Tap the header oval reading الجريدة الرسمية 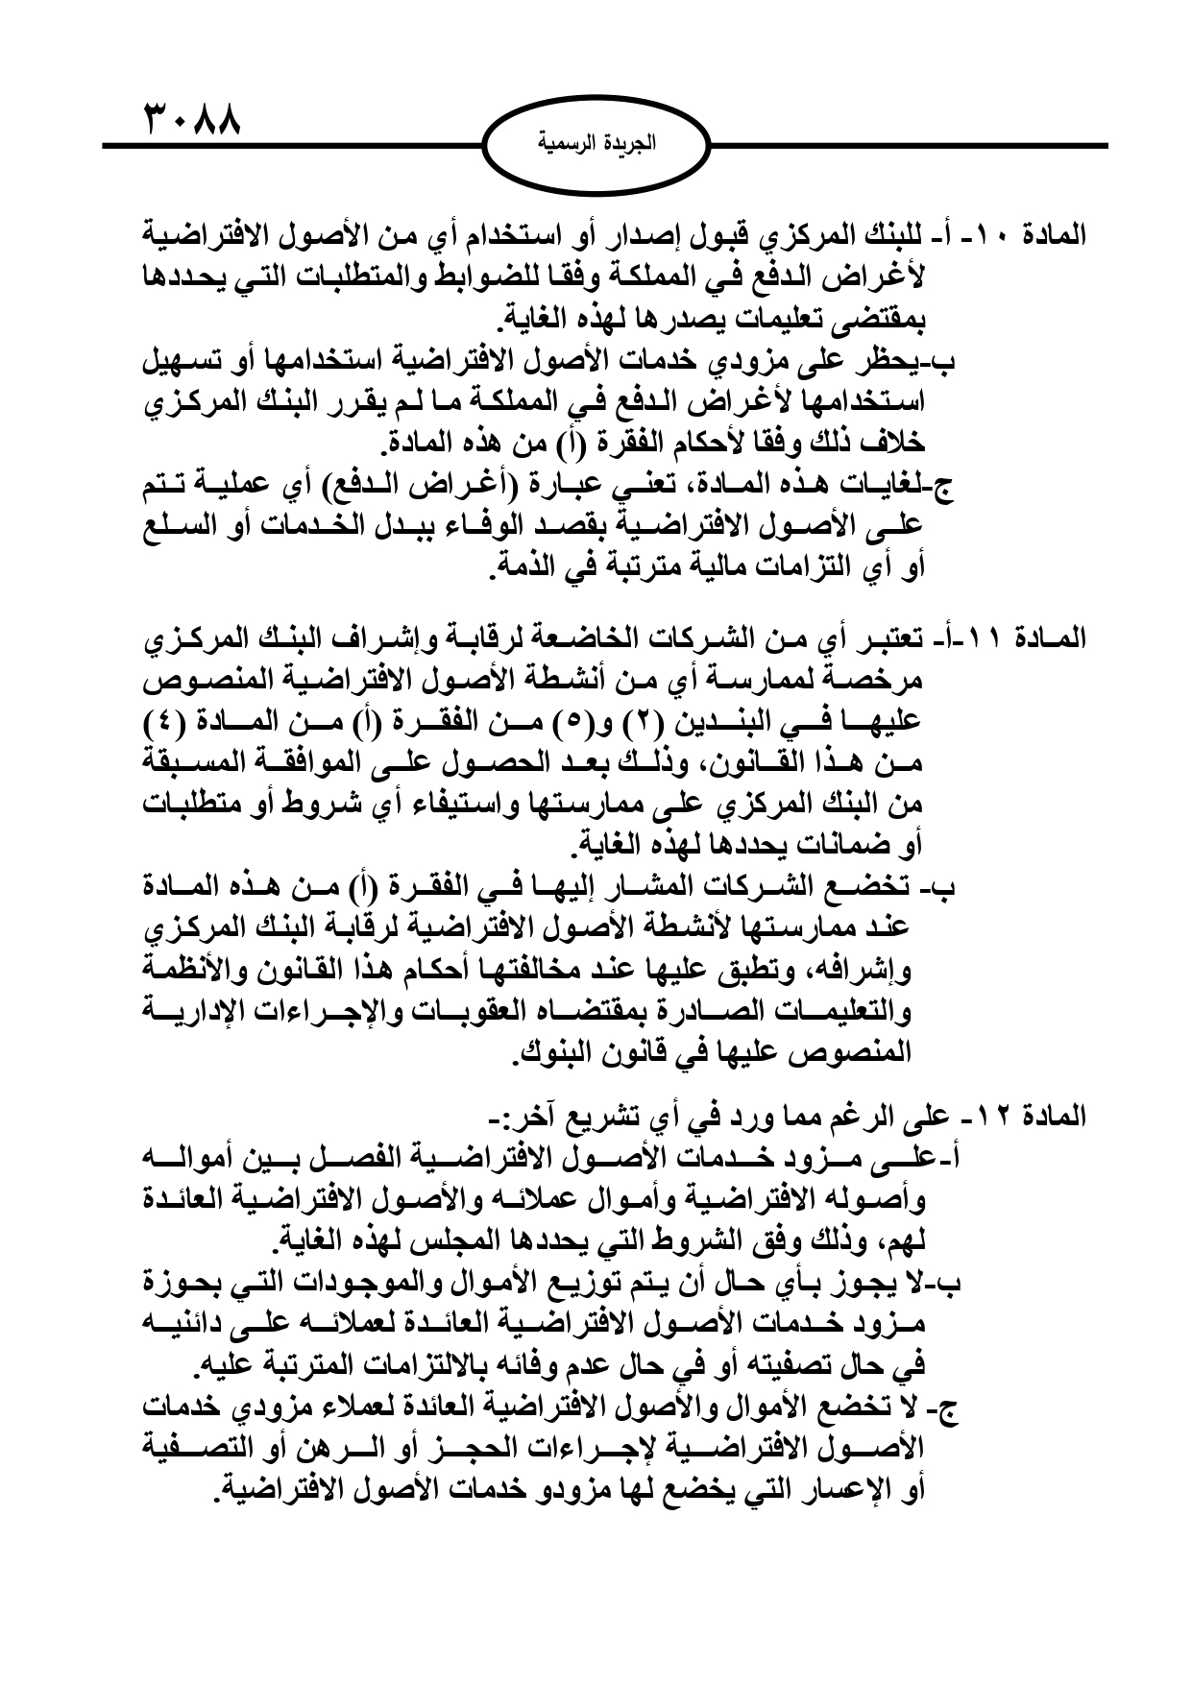pos(596,145)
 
